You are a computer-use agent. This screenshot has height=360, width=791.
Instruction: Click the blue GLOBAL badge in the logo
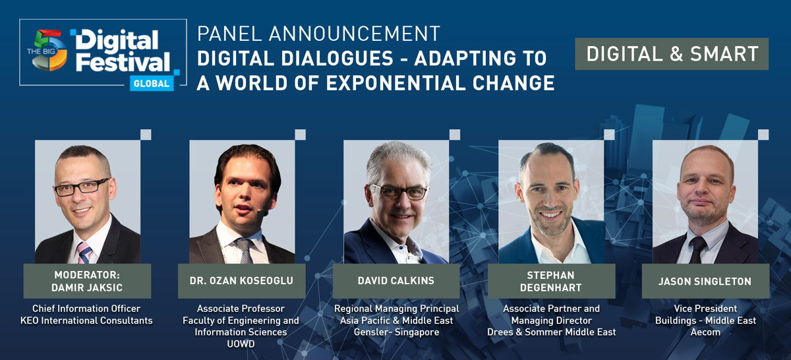click(x=152, y=83)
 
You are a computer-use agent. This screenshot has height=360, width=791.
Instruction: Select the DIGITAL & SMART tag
click(x=672, y=53)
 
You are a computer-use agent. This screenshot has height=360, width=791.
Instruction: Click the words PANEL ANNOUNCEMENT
click(x=318, y=34)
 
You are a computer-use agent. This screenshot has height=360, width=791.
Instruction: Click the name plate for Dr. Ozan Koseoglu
click(x=241, y=281)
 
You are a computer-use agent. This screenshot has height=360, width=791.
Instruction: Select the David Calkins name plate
click(x=396, y=281)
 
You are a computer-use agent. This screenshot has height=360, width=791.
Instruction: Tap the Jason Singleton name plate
click(x=705, y=282)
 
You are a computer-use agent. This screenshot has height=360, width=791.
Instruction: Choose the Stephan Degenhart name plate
click(x=551, y=282)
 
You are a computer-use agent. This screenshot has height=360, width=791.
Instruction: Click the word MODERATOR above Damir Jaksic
click(x=87, y=275)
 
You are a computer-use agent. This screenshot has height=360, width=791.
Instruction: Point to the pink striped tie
click(x=85, y=253)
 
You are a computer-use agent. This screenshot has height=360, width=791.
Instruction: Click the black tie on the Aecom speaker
click(x=697, y=249)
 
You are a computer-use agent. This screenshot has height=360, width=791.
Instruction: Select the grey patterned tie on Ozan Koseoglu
click(x=245, y=251)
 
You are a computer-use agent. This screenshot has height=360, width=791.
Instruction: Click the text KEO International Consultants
click(x=86, y=320)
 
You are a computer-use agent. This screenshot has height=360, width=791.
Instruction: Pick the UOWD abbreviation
click(x=241, y=344)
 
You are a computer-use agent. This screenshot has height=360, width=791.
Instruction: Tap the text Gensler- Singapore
click(x=397, y=332)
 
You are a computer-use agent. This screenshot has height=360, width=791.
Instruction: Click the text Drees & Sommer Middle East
click(x=551, y=332)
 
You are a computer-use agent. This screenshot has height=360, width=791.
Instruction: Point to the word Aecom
click(x=705, y=332)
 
